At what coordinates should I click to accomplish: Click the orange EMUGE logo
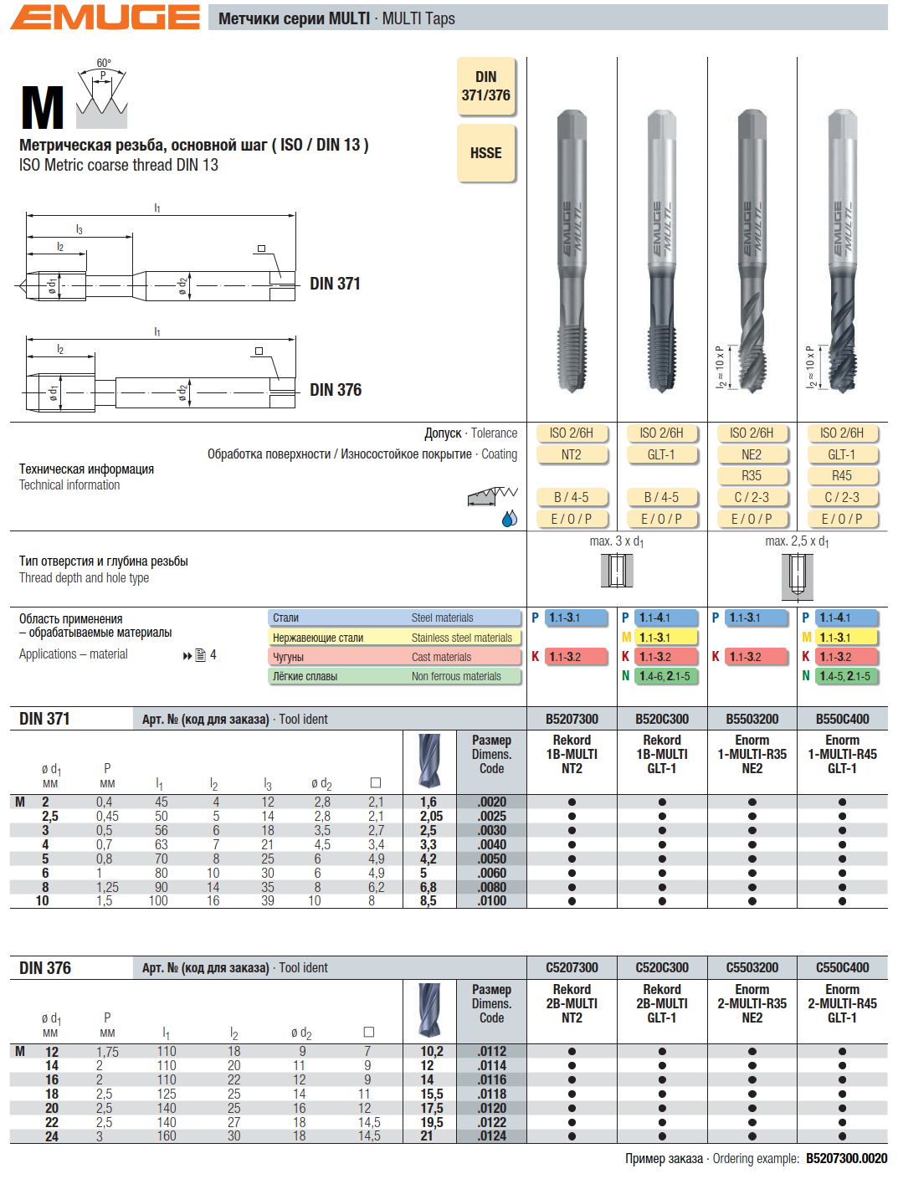point(105,18)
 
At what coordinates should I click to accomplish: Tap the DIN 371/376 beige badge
point(485,86)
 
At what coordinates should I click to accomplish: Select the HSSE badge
point(485,153)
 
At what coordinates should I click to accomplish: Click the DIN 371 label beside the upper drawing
point(335,284)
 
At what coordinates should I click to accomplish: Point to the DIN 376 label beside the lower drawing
point(336,390)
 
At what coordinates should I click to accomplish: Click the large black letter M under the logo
point(42,109)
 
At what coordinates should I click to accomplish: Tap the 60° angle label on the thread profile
point(104,64)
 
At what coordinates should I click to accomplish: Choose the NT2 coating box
point(572,454)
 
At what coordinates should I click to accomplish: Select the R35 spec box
point(752,475)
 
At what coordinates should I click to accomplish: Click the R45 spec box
point(842,475)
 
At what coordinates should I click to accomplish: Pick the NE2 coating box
point(752,454)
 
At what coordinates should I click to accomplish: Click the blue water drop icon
point(509,519)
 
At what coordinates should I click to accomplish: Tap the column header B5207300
point(572,719)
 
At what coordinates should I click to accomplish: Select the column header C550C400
point(842,967)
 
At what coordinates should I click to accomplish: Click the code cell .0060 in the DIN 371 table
point(491,873)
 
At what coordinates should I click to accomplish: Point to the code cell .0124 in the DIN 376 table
point(491,1135)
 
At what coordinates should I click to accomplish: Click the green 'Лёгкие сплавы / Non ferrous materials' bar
point(395,676)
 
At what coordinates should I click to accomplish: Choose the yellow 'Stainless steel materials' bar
point(395,638)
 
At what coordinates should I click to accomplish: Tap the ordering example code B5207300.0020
point(846,1158)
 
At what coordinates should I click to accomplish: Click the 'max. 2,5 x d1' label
point(797,541)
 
